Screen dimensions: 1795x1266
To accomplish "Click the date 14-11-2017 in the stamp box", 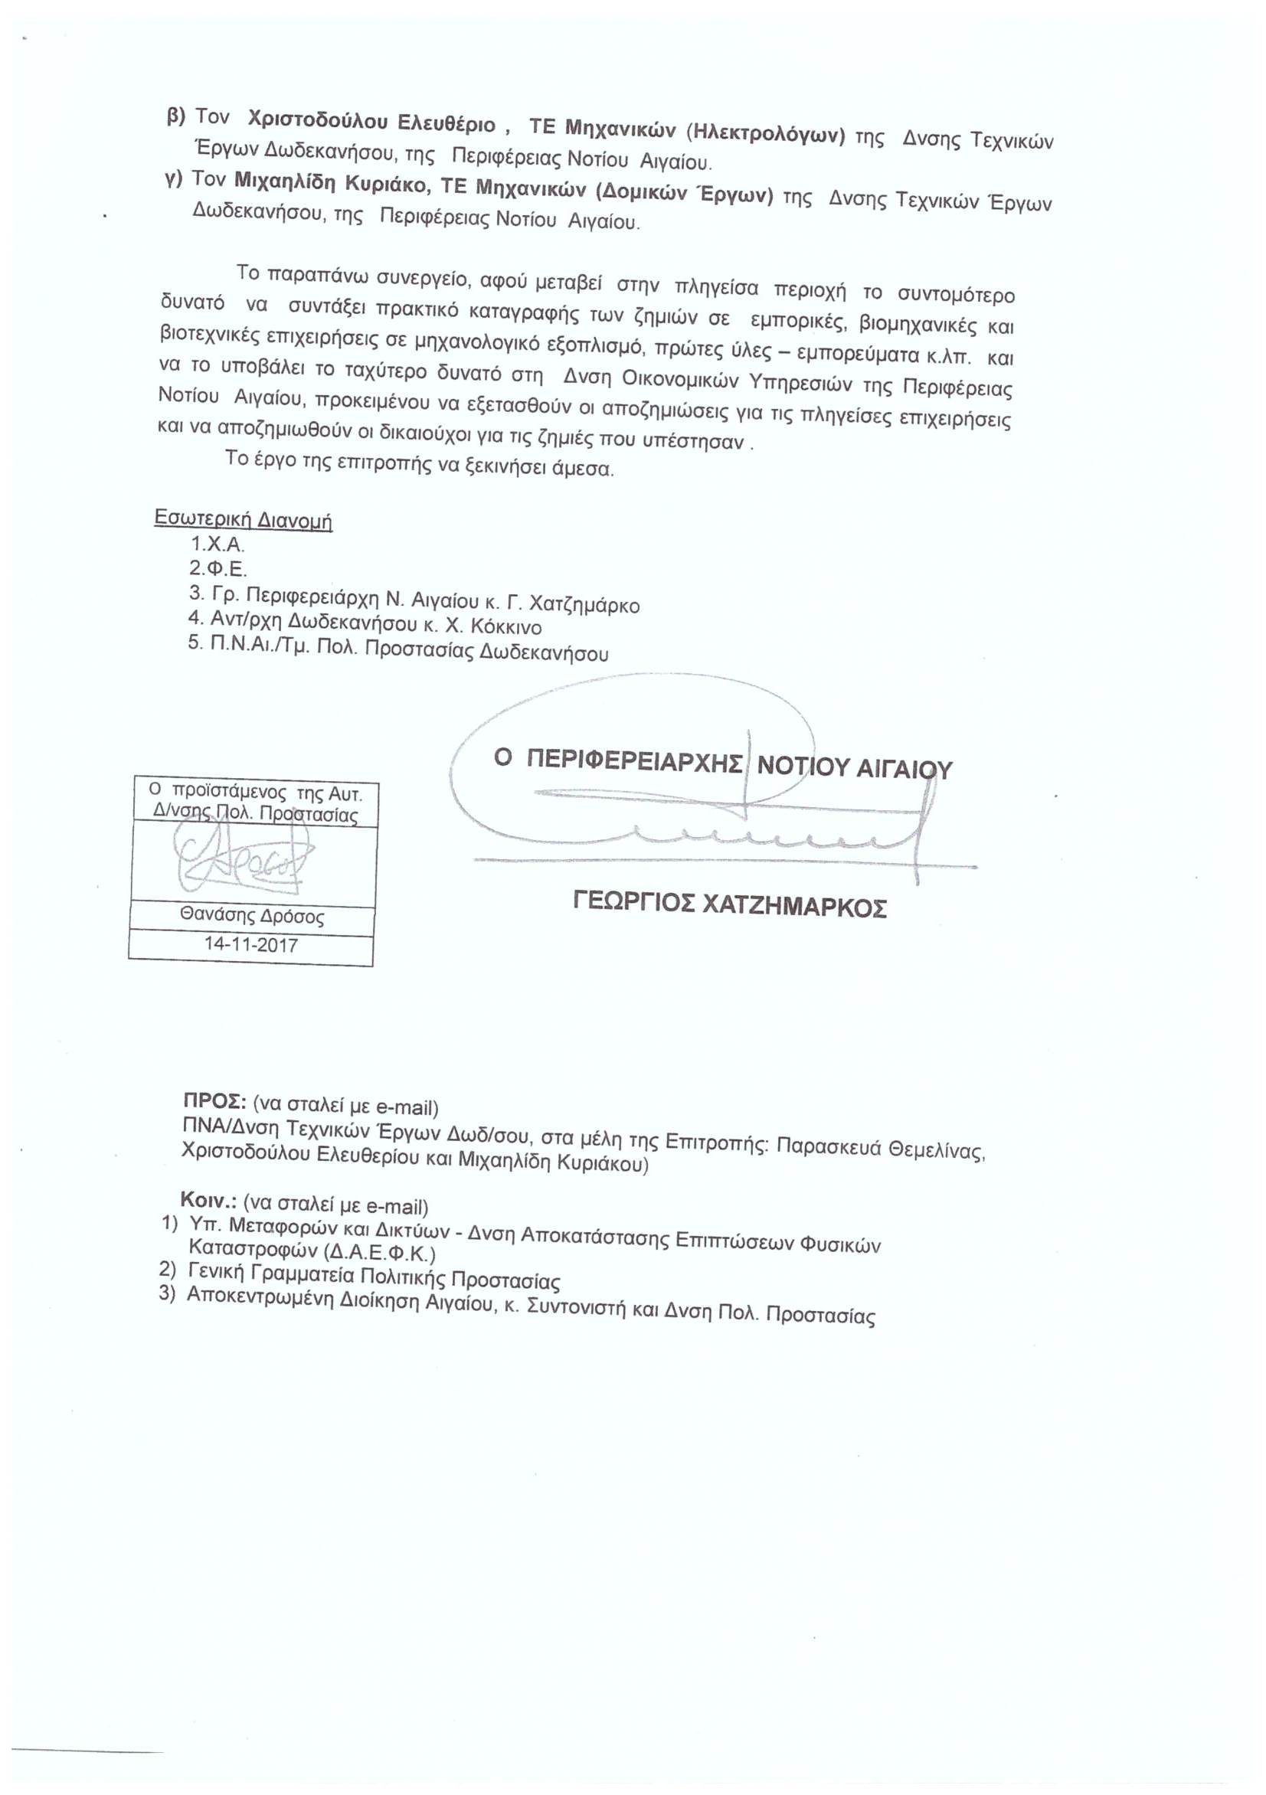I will pos(251,944).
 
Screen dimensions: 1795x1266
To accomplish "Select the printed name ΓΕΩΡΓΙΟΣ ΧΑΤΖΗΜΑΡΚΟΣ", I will pos(730,906).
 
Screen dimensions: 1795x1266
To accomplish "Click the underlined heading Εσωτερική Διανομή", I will pos(244,519).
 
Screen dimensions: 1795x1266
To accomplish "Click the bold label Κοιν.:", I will pos(210,1201).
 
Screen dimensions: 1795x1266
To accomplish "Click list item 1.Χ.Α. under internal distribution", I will pos(218,544).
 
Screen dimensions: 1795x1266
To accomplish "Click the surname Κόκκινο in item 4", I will pos(507,627).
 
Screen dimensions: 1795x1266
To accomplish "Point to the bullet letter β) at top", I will pos(176,116).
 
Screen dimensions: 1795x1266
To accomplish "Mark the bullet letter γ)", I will pos(173,178).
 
